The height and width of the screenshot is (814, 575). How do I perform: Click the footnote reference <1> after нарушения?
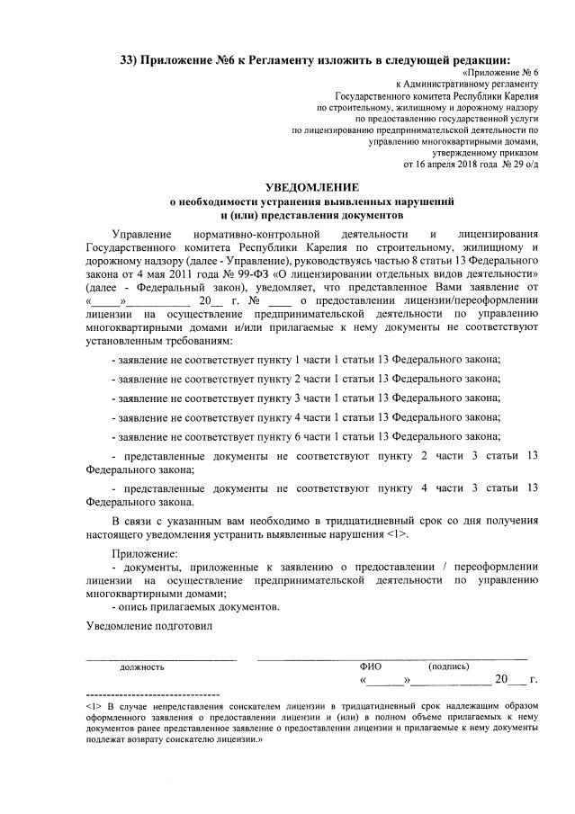[x=399, y=535]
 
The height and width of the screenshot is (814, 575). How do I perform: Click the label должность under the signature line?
[x=142, y=667]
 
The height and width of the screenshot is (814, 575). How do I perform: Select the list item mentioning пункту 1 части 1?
[x=306, y=360]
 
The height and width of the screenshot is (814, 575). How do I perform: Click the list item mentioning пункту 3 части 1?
[x=306, y=398]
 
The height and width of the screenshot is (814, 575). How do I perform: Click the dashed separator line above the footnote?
[x=152, y=695]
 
